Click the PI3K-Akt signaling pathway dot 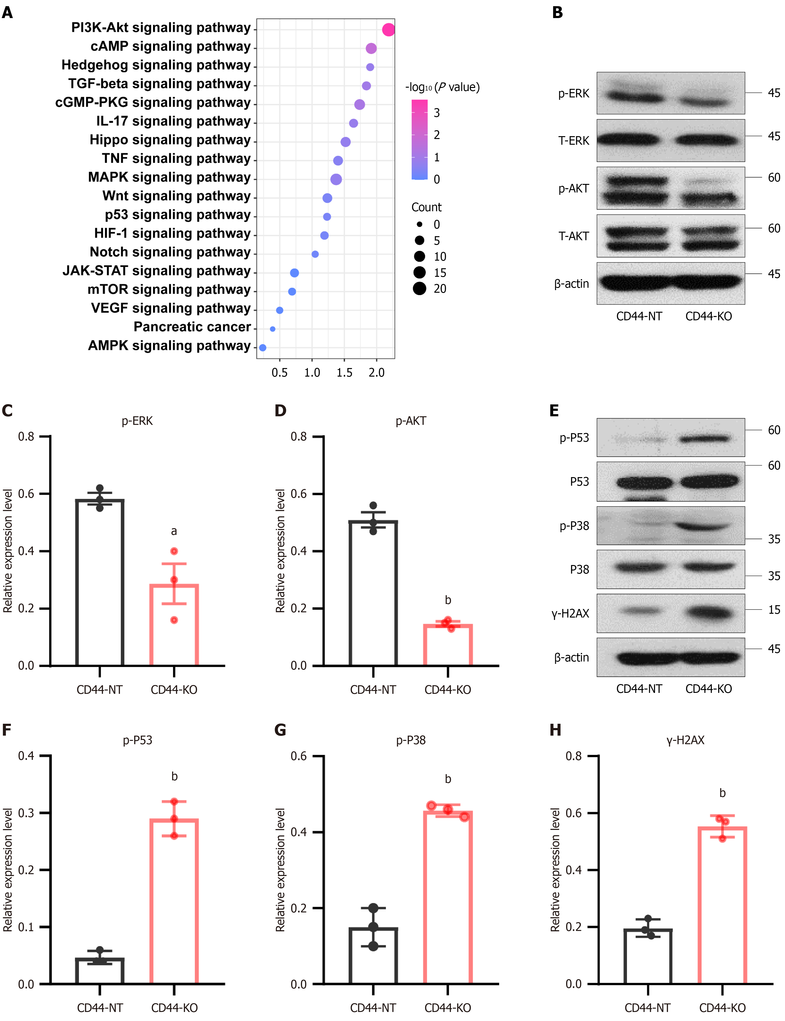point(388,30)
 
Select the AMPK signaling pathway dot point(263,347)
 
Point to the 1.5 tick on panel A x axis point(344,372)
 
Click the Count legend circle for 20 point(420,289)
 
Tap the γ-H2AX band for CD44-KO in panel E point(709,612)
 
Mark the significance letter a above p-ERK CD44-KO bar point(174,531)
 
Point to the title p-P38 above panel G point(411,740)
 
